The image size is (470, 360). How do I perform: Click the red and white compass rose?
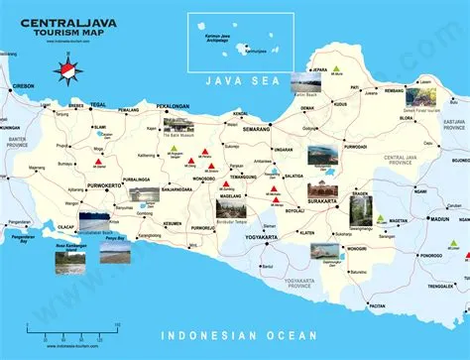coord(67,71)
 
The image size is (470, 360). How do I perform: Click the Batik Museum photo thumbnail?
coord(179,126)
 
